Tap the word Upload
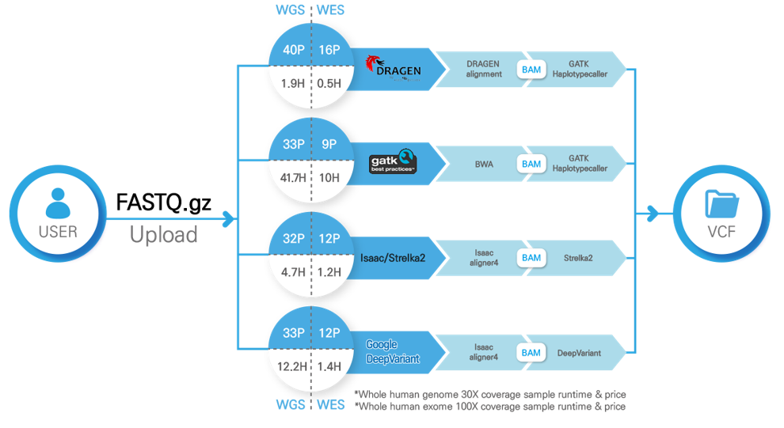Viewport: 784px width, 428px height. (x=163, y=234)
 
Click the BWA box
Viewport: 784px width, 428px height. (x=484, y=164)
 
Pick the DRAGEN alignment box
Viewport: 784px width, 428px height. (x=484, y=69)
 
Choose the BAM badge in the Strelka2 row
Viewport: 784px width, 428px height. (x=531, y=258)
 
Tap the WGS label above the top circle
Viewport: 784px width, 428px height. (x=291, y=11)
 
